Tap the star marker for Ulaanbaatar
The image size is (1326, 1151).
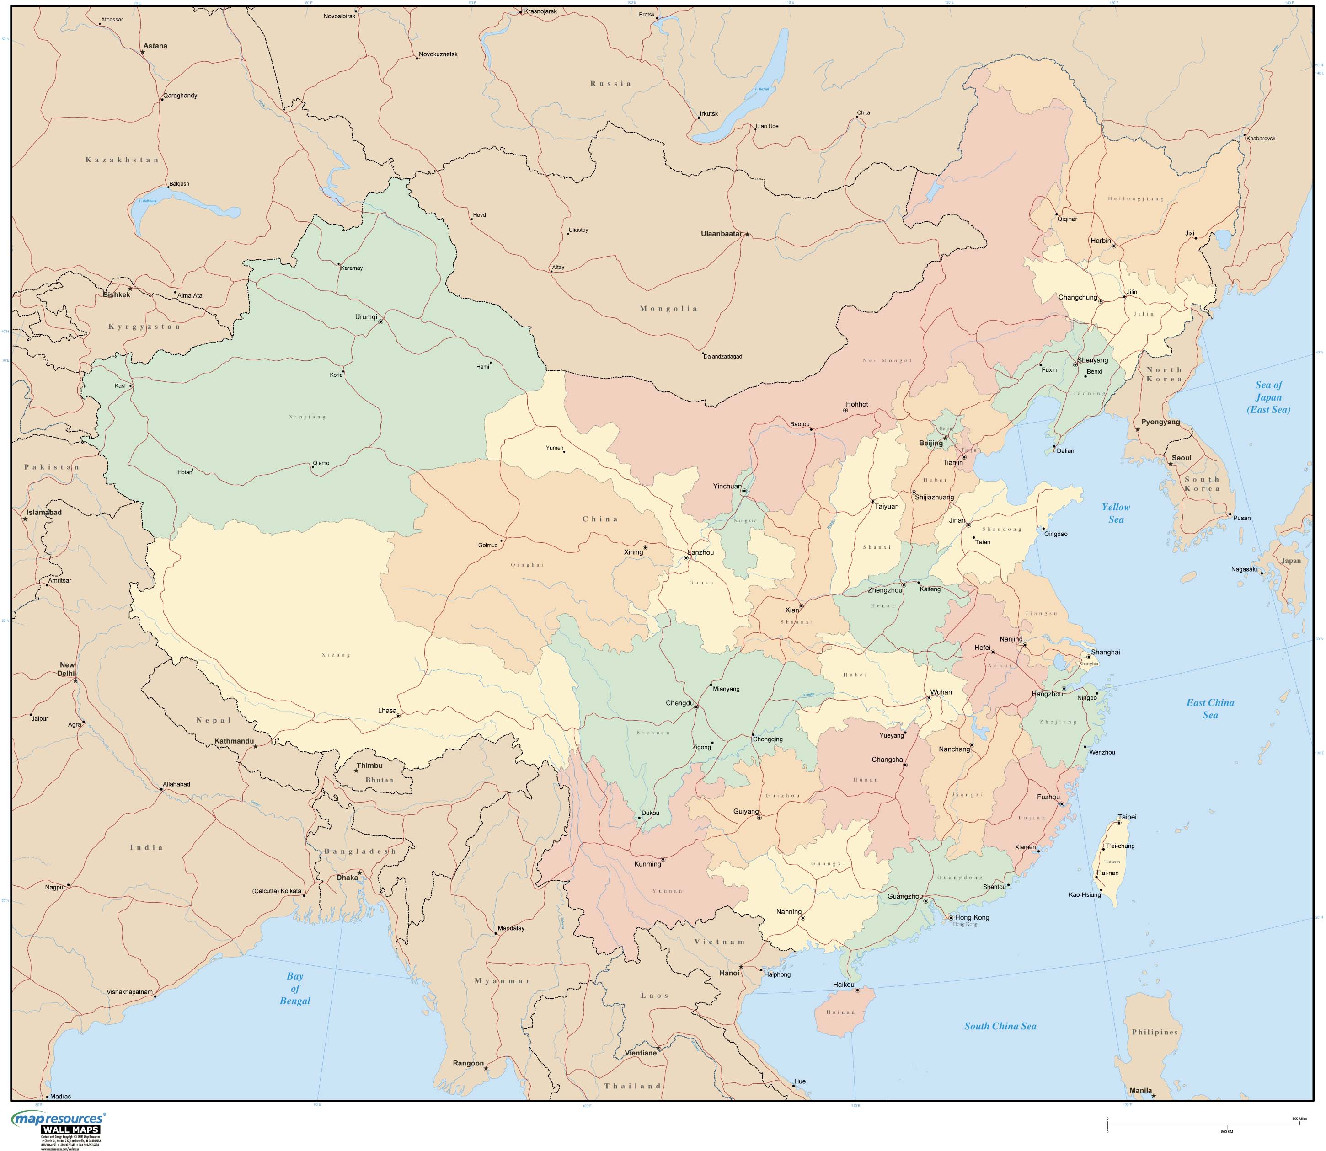[x=747, y=235]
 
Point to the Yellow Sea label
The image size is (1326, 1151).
[x=1116, y=513]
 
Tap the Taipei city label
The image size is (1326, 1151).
[x=1127, y=817]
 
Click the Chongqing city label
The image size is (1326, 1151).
[x=768, y=739]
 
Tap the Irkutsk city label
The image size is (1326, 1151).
[x=709, y=114]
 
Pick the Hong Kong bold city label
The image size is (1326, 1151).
[x=972, y=917]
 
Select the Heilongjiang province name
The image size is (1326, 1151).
[x=1135, y=199]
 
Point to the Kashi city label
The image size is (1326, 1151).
[x=121, y=386]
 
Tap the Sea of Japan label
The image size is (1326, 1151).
[x=1268, y=397]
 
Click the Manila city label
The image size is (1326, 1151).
[x=1140, y=1091]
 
